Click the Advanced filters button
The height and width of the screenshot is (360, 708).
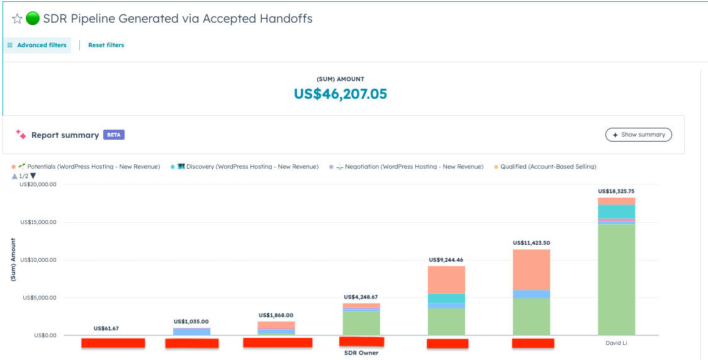coord(37,45)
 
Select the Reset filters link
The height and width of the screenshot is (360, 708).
coord(106,45)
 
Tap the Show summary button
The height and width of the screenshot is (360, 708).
coord(638,135)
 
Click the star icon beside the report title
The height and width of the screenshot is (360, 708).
coord(17,19)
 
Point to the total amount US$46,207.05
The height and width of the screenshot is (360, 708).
coord(340,94)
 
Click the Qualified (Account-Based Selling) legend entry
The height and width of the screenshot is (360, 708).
coord(548,167)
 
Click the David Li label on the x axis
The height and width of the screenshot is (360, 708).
coord(616,343)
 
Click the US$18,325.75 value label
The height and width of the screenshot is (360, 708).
coord(616,191)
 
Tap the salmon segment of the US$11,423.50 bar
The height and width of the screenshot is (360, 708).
coord(531,269)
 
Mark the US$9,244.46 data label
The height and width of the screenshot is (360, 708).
coord(446,259)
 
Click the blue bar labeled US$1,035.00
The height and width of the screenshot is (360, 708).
coord(191,331)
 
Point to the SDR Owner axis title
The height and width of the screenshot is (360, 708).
coord(361,353)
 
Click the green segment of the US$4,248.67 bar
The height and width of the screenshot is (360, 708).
coord(361,323)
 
